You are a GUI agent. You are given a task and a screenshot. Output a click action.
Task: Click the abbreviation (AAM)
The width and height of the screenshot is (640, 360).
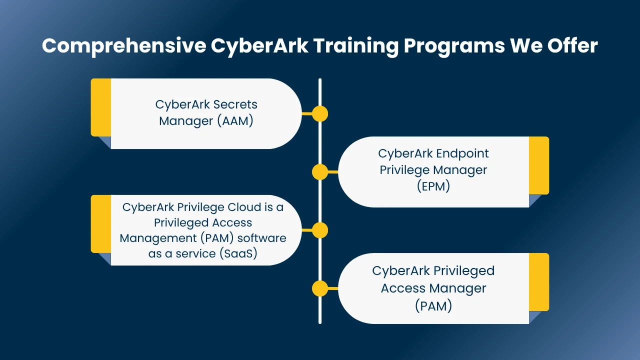(235, 121)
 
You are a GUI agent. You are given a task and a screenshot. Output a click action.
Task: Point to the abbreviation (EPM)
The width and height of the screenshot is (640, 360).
(433, 186)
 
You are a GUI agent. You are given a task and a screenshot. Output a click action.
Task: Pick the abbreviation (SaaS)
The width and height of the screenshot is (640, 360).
(238, 253)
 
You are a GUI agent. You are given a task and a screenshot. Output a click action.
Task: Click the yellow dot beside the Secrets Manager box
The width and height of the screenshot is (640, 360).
(320, 113)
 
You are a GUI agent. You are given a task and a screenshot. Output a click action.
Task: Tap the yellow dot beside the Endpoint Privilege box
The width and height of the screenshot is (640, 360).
(320, 172)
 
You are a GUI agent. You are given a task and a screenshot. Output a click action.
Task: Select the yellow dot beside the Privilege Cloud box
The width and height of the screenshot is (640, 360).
(320, 230)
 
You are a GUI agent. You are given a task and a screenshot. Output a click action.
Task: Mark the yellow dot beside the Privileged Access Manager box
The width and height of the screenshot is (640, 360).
(320, 288)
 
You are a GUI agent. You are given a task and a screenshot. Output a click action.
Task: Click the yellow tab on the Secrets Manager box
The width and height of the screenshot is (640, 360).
(101, 107)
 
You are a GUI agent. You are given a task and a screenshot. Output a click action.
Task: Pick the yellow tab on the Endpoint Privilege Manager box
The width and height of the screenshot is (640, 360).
(539, 165)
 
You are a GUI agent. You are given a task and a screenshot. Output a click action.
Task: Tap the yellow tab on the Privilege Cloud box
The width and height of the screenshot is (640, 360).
(101, 224)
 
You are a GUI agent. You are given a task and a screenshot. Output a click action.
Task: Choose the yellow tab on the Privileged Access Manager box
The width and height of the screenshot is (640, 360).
(539, 282)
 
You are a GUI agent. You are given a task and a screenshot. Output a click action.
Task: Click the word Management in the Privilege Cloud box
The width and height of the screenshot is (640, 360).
(158, 238)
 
